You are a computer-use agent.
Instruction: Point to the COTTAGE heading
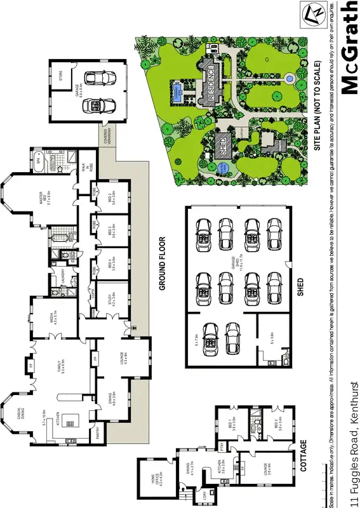tap(303, 455)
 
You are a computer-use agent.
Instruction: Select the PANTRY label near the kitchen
tap(98, 436)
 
